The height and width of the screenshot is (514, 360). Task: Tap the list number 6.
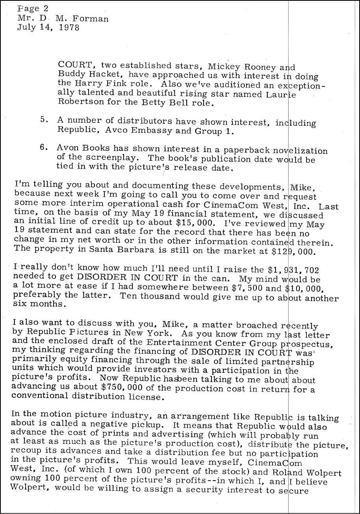click(44, 148)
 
